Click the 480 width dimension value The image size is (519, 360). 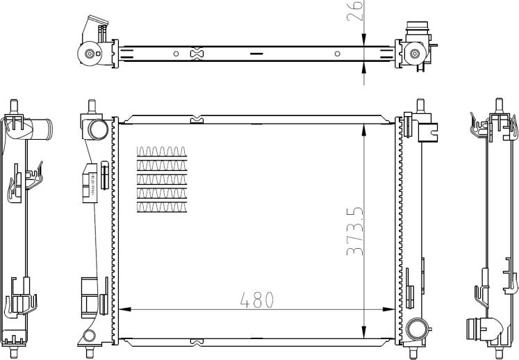click(257, 300)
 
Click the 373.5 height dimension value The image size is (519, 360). click(354, 230)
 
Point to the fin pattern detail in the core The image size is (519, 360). click(163, 179)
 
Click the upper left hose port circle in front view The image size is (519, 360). click(97, 129)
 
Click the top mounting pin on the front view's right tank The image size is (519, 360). click(420, 106)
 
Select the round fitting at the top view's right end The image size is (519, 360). click(415, 54)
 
